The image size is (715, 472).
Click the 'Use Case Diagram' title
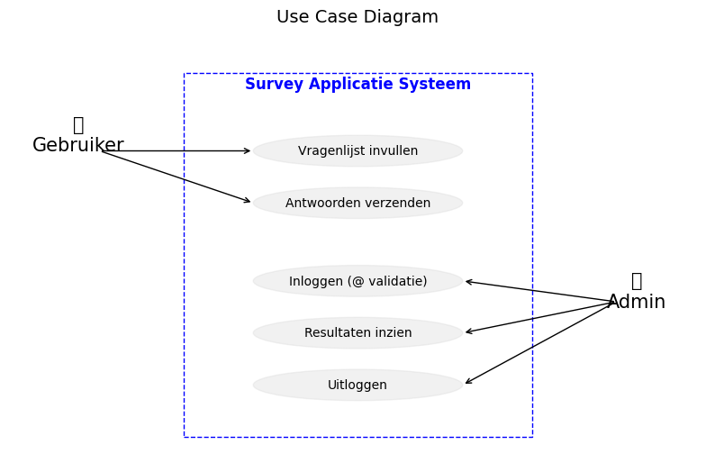click(357, 17)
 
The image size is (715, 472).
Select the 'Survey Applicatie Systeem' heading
click(357, 84)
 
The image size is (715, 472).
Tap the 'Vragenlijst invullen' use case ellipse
click(357, 151)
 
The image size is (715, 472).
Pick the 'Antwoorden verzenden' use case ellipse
click(357, 203)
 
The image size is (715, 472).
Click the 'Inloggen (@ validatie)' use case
click(357, 281)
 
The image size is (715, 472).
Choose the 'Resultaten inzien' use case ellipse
click(357, 332)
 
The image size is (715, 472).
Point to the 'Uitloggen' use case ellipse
click(357, 385)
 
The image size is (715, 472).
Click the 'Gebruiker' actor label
click(78, 145)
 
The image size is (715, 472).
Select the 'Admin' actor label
click(636, 302)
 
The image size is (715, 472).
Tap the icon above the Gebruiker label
click(78, 125)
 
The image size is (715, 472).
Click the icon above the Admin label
click(637, 281)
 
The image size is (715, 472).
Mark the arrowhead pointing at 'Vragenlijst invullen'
click(248, 151)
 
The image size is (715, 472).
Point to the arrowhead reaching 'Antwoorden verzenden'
click(248, 201)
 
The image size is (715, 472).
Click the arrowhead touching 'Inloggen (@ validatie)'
click(468, 282)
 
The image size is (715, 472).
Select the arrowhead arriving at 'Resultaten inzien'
click(468, 331)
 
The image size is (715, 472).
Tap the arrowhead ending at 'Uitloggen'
click(468, 382)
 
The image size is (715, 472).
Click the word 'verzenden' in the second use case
click(396, 203)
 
